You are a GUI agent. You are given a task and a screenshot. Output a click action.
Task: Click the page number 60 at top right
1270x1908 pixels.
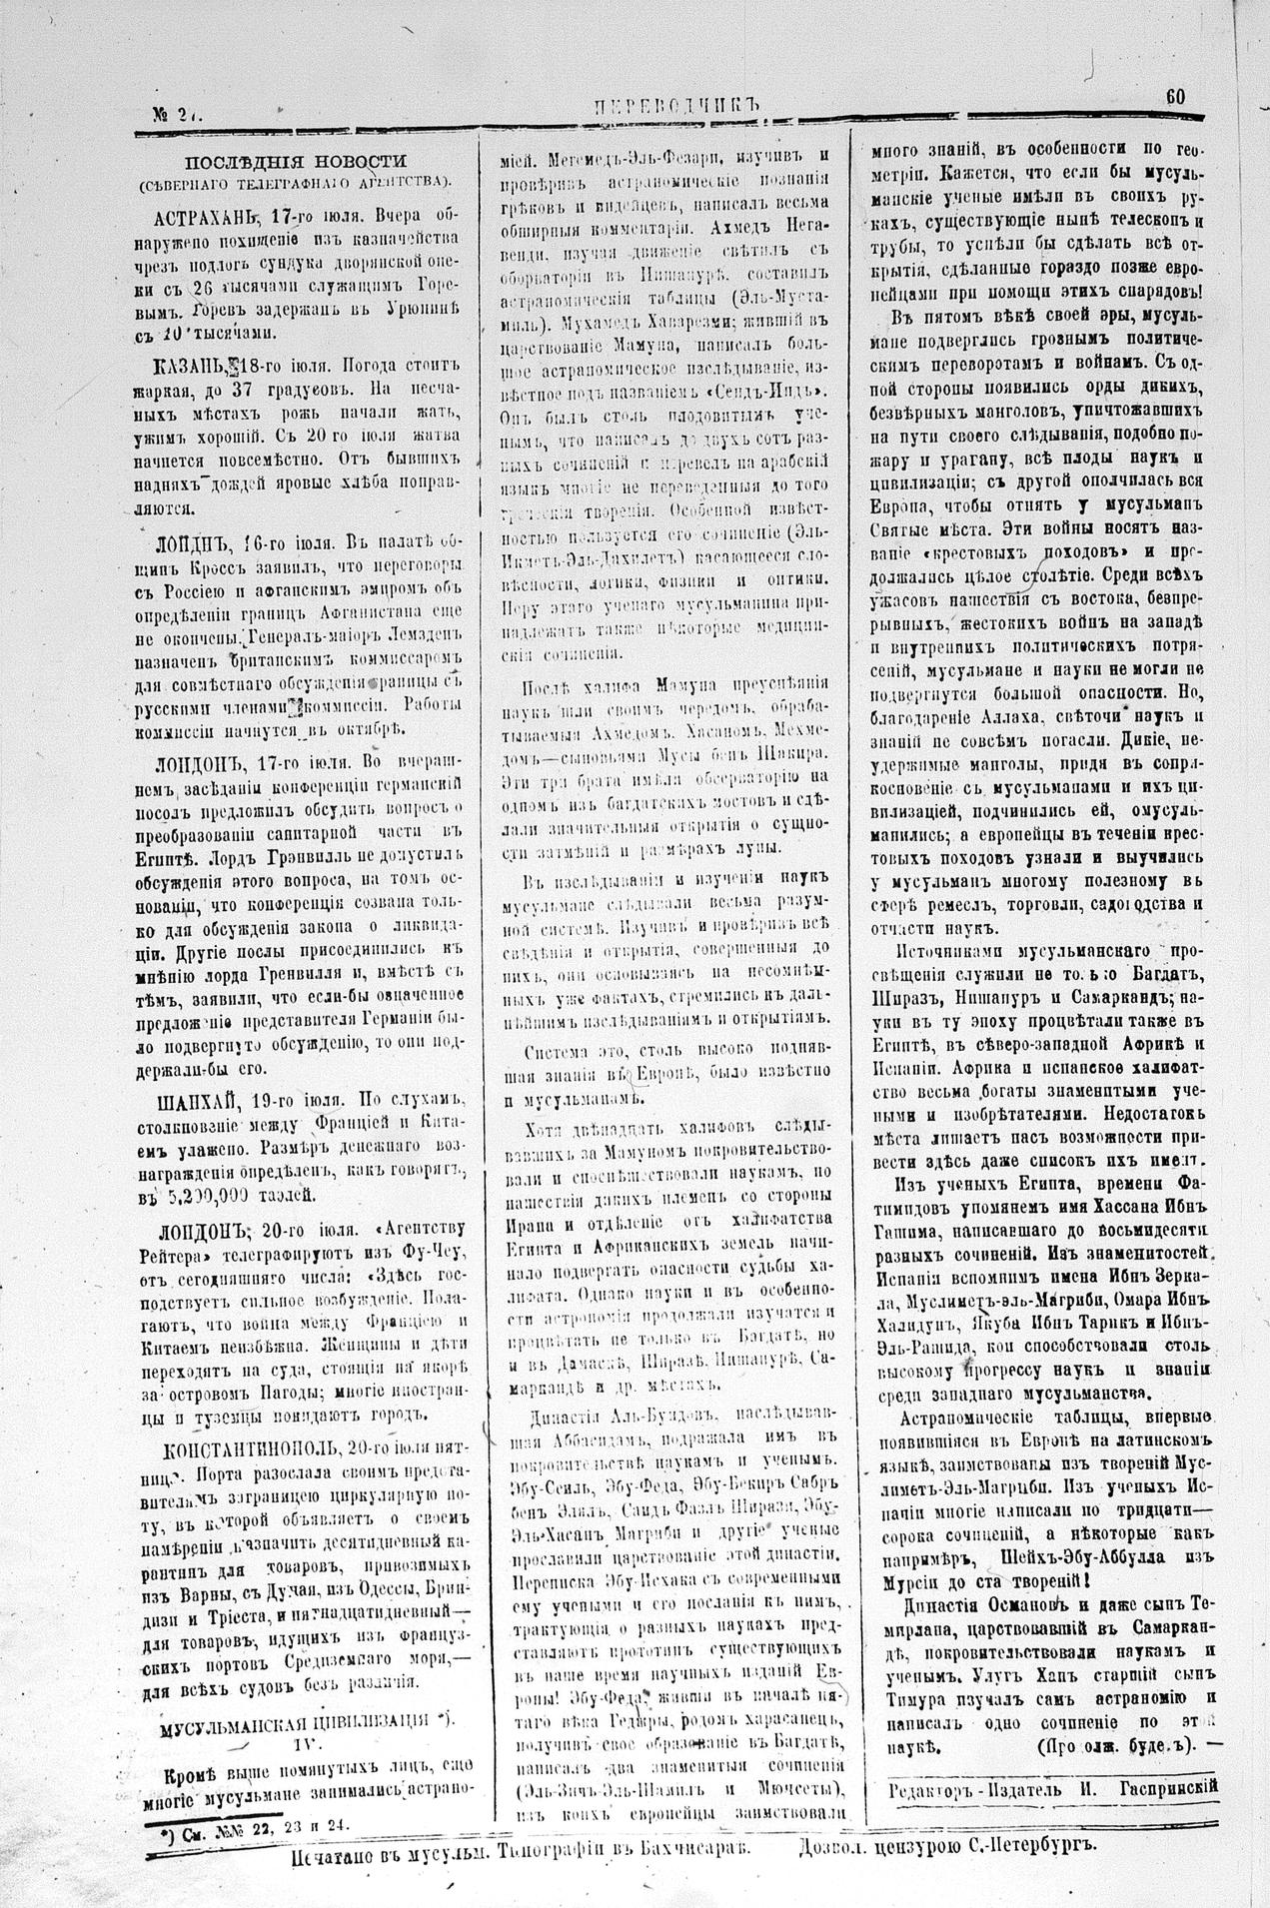point(1174,97)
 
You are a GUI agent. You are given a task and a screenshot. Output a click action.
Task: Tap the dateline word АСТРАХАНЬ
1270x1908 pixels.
point(207,217)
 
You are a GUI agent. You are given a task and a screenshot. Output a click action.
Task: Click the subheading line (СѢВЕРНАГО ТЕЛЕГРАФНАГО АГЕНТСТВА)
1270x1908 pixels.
point(295,182)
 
